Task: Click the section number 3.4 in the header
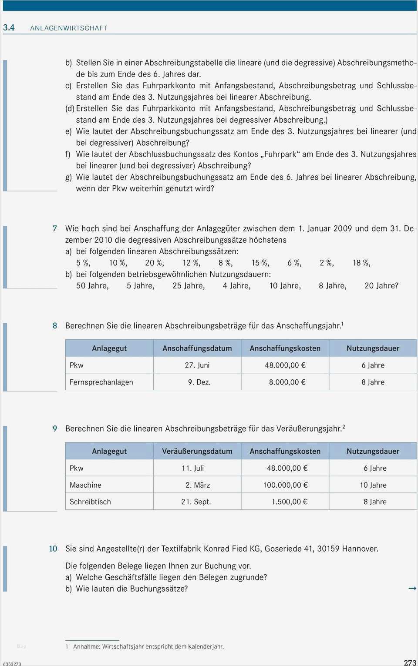click(9, 27)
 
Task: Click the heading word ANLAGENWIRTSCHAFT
click(68, 28)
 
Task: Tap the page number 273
click(410, 663)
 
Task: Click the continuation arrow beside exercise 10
click(412, 588)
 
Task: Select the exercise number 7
click(55, 228)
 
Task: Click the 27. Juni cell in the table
click(197, 365)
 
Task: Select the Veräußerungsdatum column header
click(197, 451)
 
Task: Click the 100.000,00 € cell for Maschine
click(285, 485)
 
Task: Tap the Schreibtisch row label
click(90, 502)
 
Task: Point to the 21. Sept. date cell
click(196, 502)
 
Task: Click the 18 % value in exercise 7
click(361, 263)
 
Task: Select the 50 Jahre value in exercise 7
click(92, 286)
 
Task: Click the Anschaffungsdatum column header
click(197, 348)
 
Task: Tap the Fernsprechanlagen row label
click(101, 382)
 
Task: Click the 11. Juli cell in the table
click(193, 468)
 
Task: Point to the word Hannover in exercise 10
click(360, 549)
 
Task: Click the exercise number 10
click(53, 549)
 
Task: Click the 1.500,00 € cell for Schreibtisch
click(289, 502)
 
